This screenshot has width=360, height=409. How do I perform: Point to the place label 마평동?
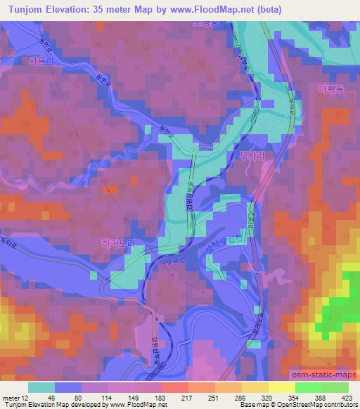point(330,90)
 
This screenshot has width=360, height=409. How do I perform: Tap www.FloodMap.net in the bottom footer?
point(136,404)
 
